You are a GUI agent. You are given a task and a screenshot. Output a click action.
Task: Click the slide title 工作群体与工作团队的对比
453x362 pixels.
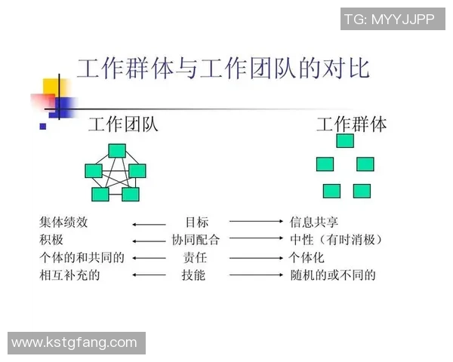tap(223, 69)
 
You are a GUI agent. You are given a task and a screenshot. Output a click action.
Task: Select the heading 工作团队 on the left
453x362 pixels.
tap(123, 124)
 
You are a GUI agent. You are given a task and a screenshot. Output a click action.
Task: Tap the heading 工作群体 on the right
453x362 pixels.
tap(351, 124)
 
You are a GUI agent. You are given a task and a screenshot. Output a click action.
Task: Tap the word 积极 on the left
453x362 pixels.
tap(52, 241)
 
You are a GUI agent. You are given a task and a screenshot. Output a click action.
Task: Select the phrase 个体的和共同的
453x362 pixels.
tap(82, 258)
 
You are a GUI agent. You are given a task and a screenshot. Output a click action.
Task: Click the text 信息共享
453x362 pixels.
tap(314, 222)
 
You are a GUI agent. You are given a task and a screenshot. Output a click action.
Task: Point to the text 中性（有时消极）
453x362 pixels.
tap(337, 241)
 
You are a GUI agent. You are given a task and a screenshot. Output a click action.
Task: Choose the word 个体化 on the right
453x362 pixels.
tap(308, 258)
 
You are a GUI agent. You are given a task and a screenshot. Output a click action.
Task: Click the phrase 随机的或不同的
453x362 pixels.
tap(333, 275)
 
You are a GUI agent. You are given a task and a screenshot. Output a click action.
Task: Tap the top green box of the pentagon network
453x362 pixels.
tap(116, 150)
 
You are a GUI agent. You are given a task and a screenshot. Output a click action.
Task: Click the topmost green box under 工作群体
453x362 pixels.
tap(345, 140)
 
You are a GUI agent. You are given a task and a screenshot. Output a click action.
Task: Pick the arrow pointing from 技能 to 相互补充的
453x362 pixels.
tap(149, 275)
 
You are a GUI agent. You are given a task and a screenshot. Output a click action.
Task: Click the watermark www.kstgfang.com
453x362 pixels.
tap(75, 343)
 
